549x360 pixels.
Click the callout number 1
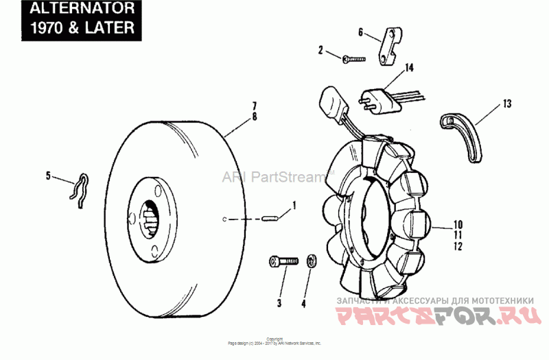tap(294, 204)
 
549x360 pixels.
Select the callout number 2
tap(320, 49)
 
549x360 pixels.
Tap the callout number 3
tap(279, 302)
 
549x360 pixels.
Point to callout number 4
tap(305, 302)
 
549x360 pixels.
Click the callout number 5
tap(48, 176)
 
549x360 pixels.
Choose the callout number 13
tap(507, 104)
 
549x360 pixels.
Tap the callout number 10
tap(458, 224)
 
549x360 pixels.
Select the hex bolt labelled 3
tap(282, 261)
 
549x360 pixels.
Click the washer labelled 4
tap(311, 261)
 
